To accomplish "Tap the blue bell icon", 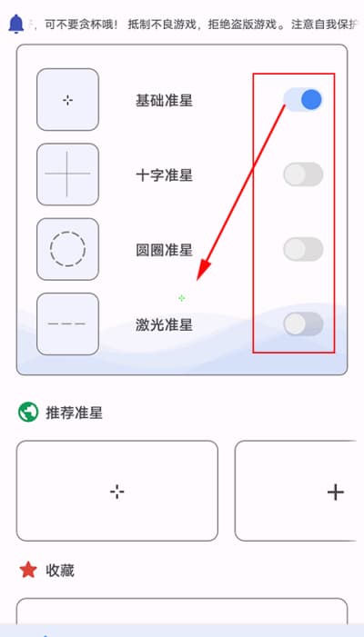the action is pos(15,24).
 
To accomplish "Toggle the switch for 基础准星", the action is pos(303,100).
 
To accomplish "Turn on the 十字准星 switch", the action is pos(303,174).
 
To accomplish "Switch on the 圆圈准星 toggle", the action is pos(303,249).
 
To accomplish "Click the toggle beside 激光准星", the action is pos(303,323).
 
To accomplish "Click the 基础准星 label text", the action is pos(164,100).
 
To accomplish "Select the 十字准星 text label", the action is pos(164,175).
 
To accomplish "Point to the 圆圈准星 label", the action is pos(164,250).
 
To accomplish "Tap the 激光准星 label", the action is pos(164,324).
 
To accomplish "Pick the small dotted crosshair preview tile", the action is pos(67,100).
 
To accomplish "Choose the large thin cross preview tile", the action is pos(67,174).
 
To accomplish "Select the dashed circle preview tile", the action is pos(67,249).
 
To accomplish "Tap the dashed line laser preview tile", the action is pos(67,323).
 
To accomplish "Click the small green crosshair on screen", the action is pos(181,298).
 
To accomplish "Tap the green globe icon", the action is pos(28,413).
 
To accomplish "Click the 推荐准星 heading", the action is pos(74,413).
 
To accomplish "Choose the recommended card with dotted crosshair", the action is pos(117,491).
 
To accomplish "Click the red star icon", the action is pos(28,570).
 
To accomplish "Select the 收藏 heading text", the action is pos(60,571).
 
